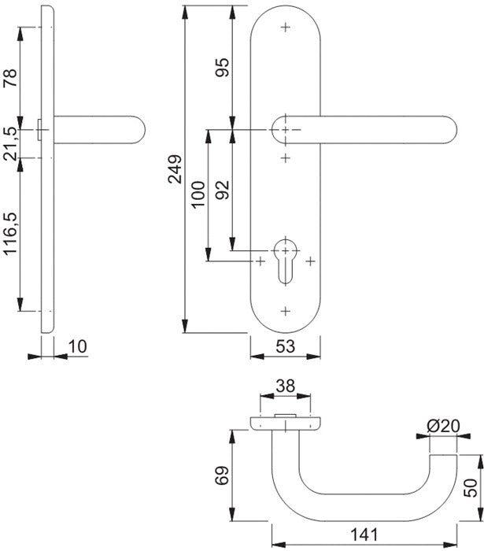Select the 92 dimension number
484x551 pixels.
tap(222, 189)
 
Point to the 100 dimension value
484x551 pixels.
tap(198, 194)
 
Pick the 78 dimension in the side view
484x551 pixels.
tap(11, 79)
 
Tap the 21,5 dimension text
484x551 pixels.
tap(11, 142)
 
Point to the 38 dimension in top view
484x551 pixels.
tap(286, 386)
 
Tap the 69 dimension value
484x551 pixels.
tap(222, 475)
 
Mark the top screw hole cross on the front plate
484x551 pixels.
tap(285, 28)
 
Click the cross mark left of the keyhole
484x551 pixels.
tap(260, 261)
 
